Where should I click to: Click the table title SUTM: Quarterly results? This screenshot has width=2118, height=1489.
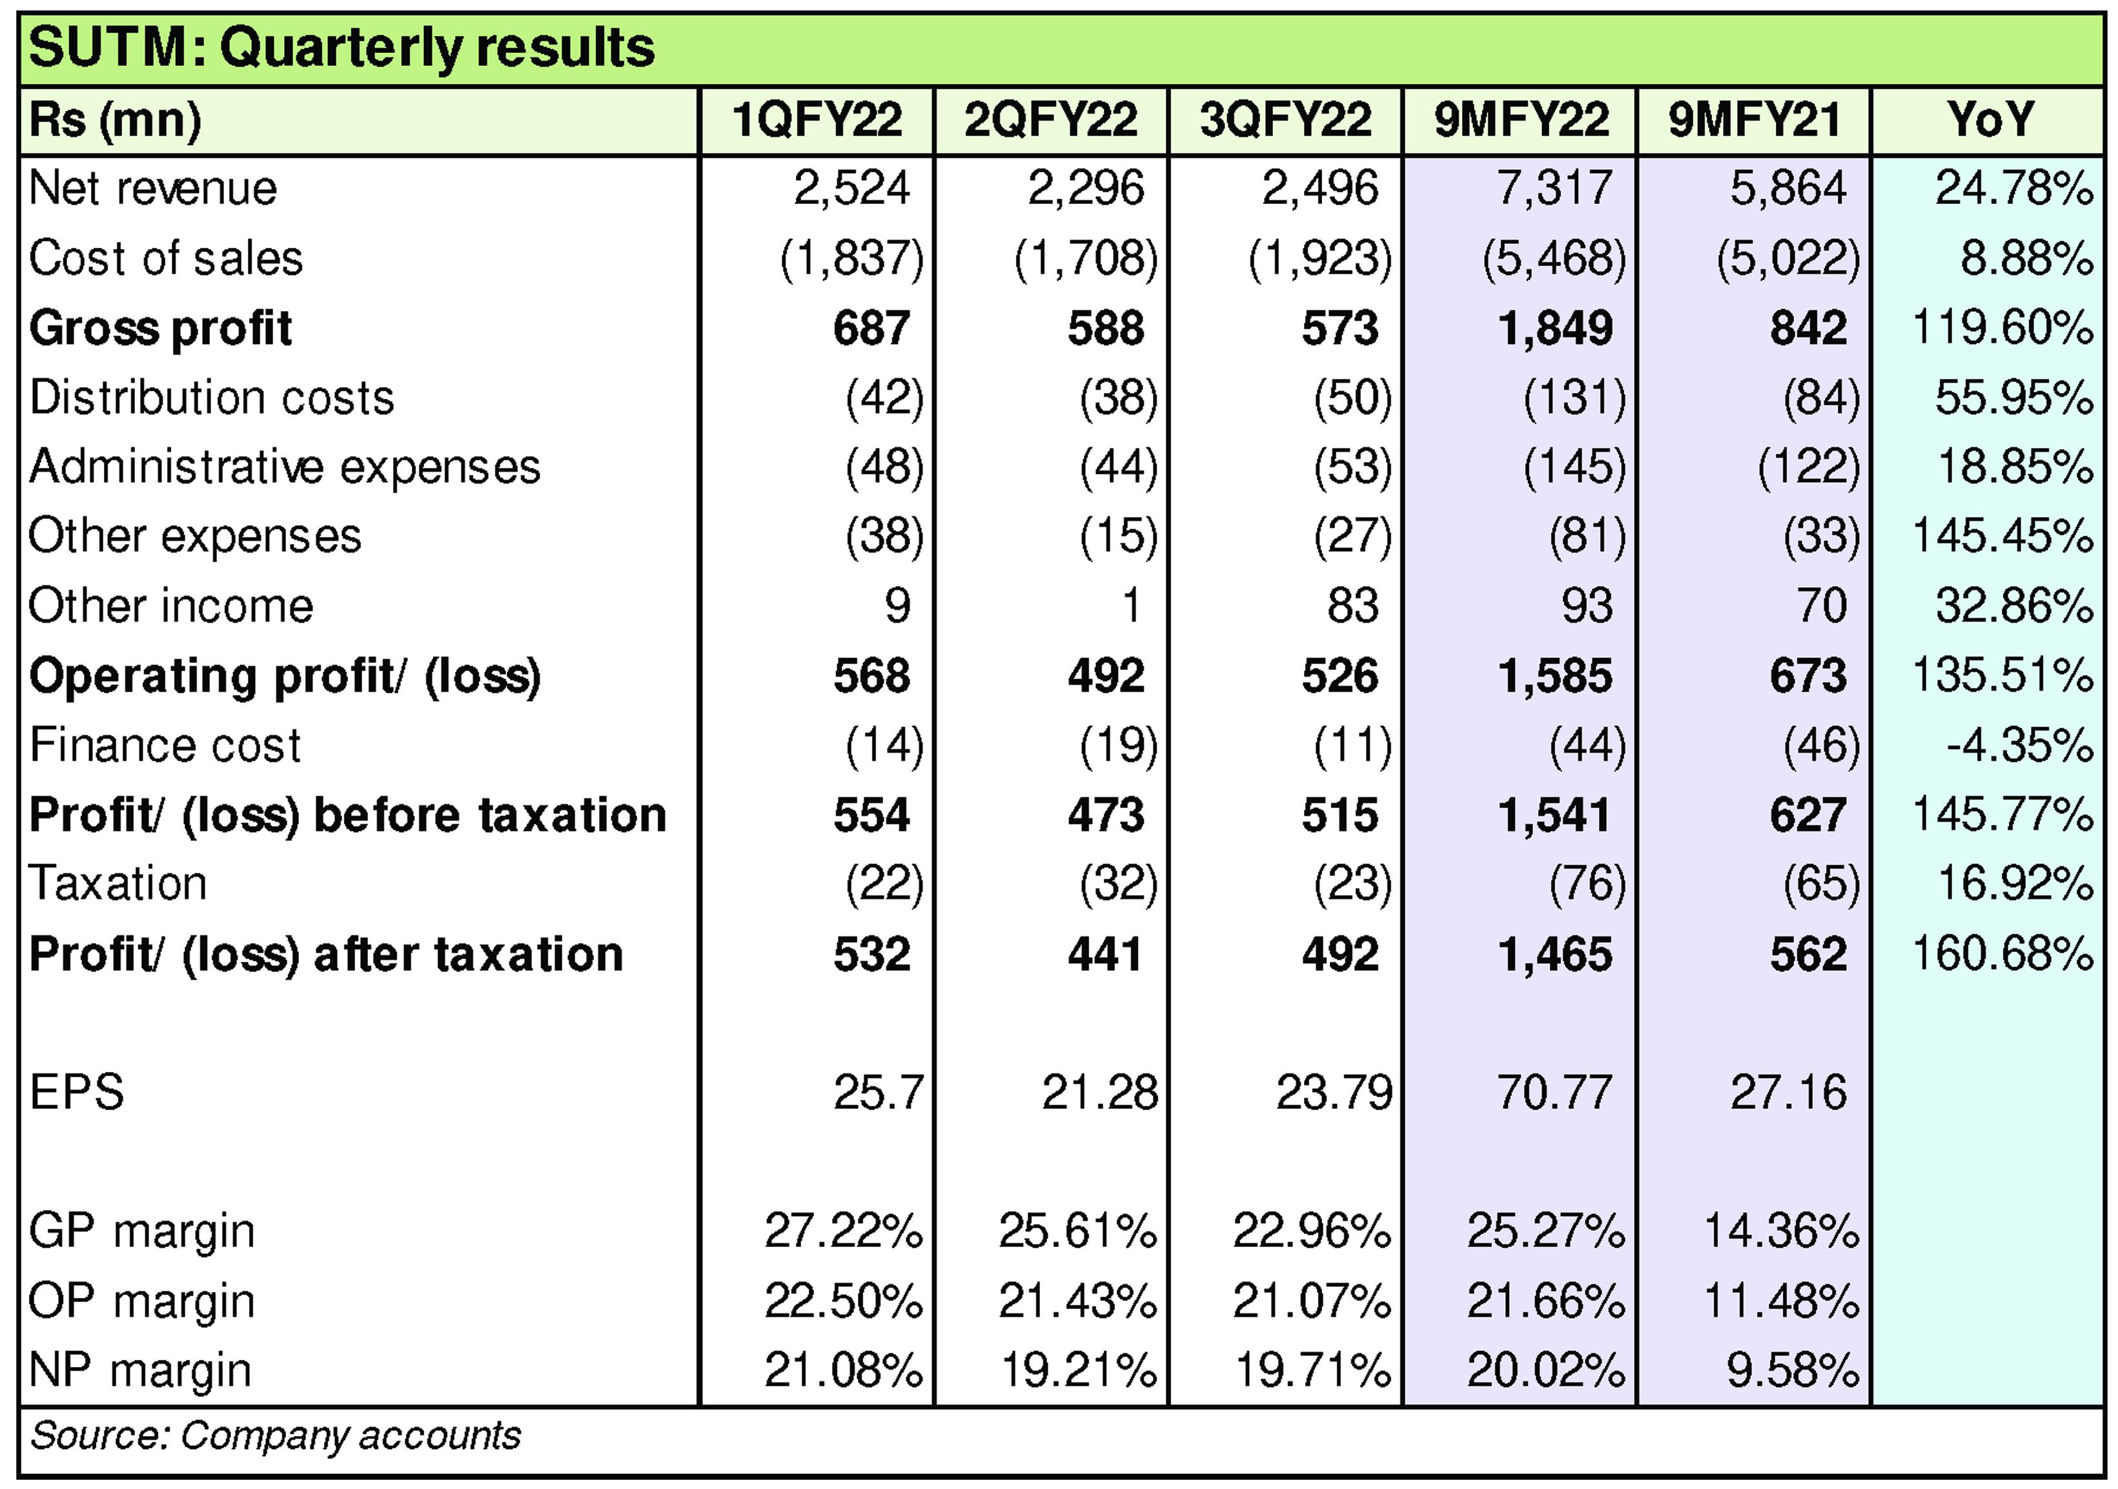[x=341, y=48]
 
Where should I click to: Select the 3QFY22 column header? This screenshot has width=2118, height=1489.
[x=1285, y=120]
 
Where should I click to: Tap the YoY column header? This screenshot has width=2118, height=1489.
[x=1989, y=120]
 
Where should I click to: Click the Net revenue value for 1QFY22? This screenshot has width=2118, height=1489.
[x=851, y=189]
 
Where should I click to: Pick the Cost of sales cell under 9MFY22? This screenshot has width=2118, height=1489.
[x=1554, y=258]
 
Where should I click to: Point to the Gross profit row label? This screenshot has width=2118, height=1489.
[x=161, y=329]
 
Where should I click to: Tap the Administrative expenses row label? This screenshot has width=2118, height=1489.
[x=284, y=467]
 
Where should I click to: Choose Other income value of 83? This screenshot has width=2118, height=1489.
[x=1352, y=606]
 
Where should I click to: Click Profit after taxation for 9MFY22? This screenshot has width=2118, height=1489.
[x=1554, y=954]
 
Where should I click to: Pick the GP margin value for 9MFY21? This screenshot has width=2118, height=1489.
[x=1780, y=1231]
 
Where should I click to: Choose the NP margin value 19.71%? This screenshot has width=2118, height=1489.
[x=1312, y=1371]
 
